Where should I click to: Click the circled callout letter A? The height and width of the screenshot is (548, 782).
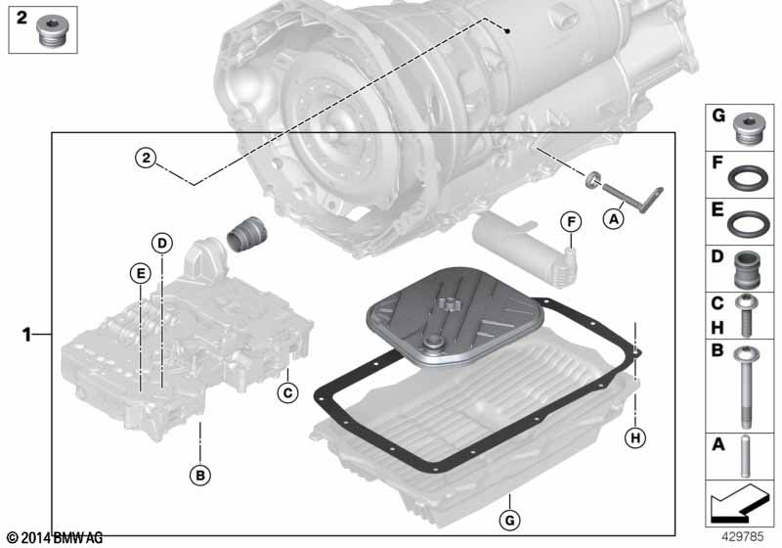click(x=614, y=220)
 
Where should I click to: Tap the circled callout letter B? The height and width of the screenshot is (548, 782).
click(x=200, y=476)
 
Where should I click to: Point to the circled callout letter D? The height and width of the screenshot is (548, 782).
click(x=161, y=242)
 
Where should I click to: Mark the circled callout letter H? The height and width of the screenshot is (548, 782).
click(x=635, y=438)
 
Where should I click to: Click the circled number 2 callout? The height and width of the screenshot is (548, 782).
click(x=145, y=157)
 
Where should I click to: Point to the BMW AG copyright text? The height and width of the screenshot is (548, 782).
click(x=55, y=537)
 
